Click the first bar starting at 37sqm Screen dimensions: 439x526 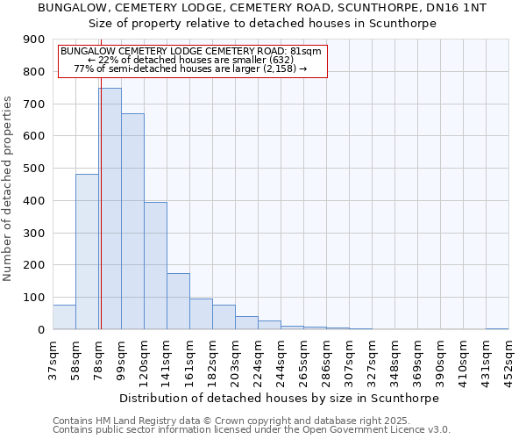(x=64, y=317)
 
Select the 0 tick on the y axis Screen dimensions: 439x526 (x=39, y=329)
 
